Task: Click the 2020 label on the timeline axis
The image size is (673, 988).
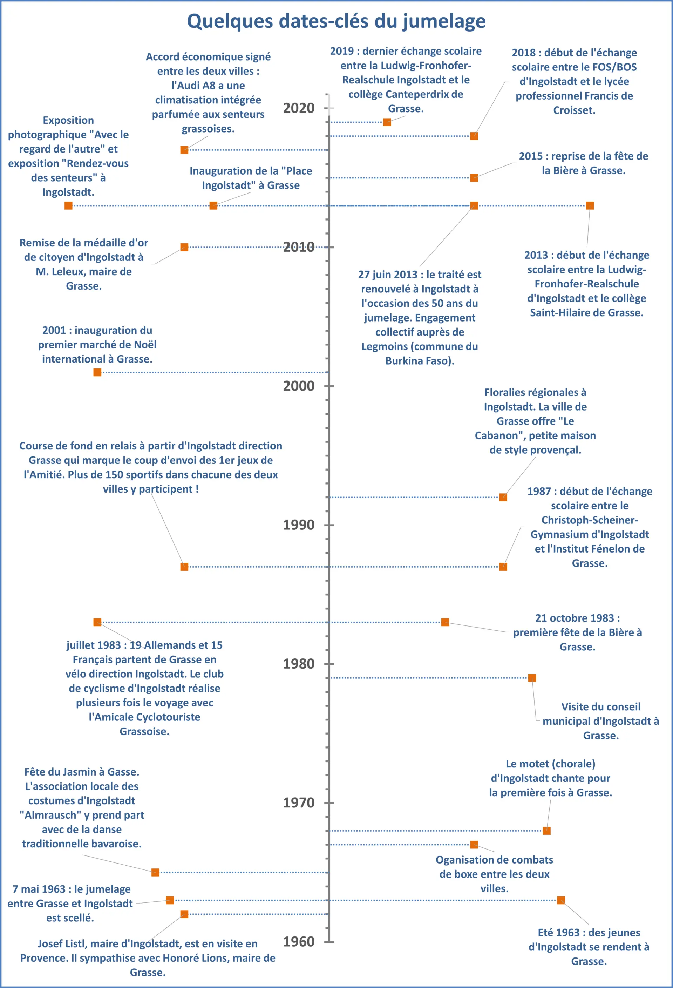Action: (299, 108)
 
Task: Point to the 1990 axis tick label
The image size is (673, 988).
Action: (299, 525)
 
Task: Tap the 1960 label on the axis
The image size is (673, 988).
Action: (299, 942)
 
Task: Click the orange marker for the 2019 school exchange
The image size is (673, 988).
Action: (387, 122)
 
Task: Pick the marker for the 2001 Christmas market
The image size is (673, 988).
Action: (97, 372)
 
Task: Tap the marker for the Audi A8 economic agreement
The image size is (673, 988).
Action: (184, 150)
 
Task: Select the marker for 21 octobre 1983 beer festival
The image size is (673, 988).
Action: (445, 622)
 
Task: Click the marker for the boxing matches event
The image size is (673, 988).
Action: (474, 845)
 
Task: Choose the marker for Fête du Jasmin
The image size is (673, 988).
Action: (156, 872)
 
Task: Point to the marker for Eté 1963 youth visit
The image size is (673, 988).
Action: (561, 900)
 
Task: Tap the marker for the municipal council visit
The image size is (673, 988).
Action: (532, 678)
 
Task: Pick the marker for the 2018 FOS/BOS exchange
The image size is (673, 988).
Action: (474, 136)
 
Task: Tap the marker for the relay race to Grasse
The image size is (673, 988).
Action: (184, 567)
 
